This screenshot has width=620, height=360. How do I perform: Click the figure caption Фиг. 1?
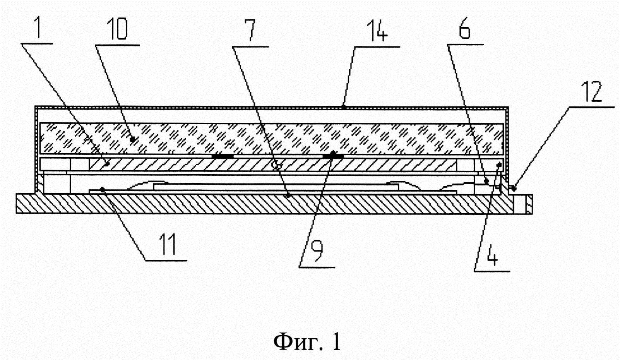click(x=307, y=341)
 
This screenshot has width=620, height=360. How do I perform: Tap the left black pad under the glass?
click(x=223, y=156)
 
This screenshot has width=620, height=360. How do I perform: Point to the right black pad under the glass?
click(x=333, y=156)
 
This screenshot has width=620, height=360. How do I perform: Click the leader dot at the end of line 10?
click(x=133, y=139)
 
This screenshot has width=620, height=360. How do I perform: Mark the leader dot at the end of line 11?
click(x=103, y=189)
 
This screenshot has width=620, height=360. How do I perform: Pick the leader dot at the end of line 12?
click(x=514, y=189)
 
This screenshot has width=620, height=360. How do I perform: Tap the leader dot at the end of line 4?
click(x=499, y=165)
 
